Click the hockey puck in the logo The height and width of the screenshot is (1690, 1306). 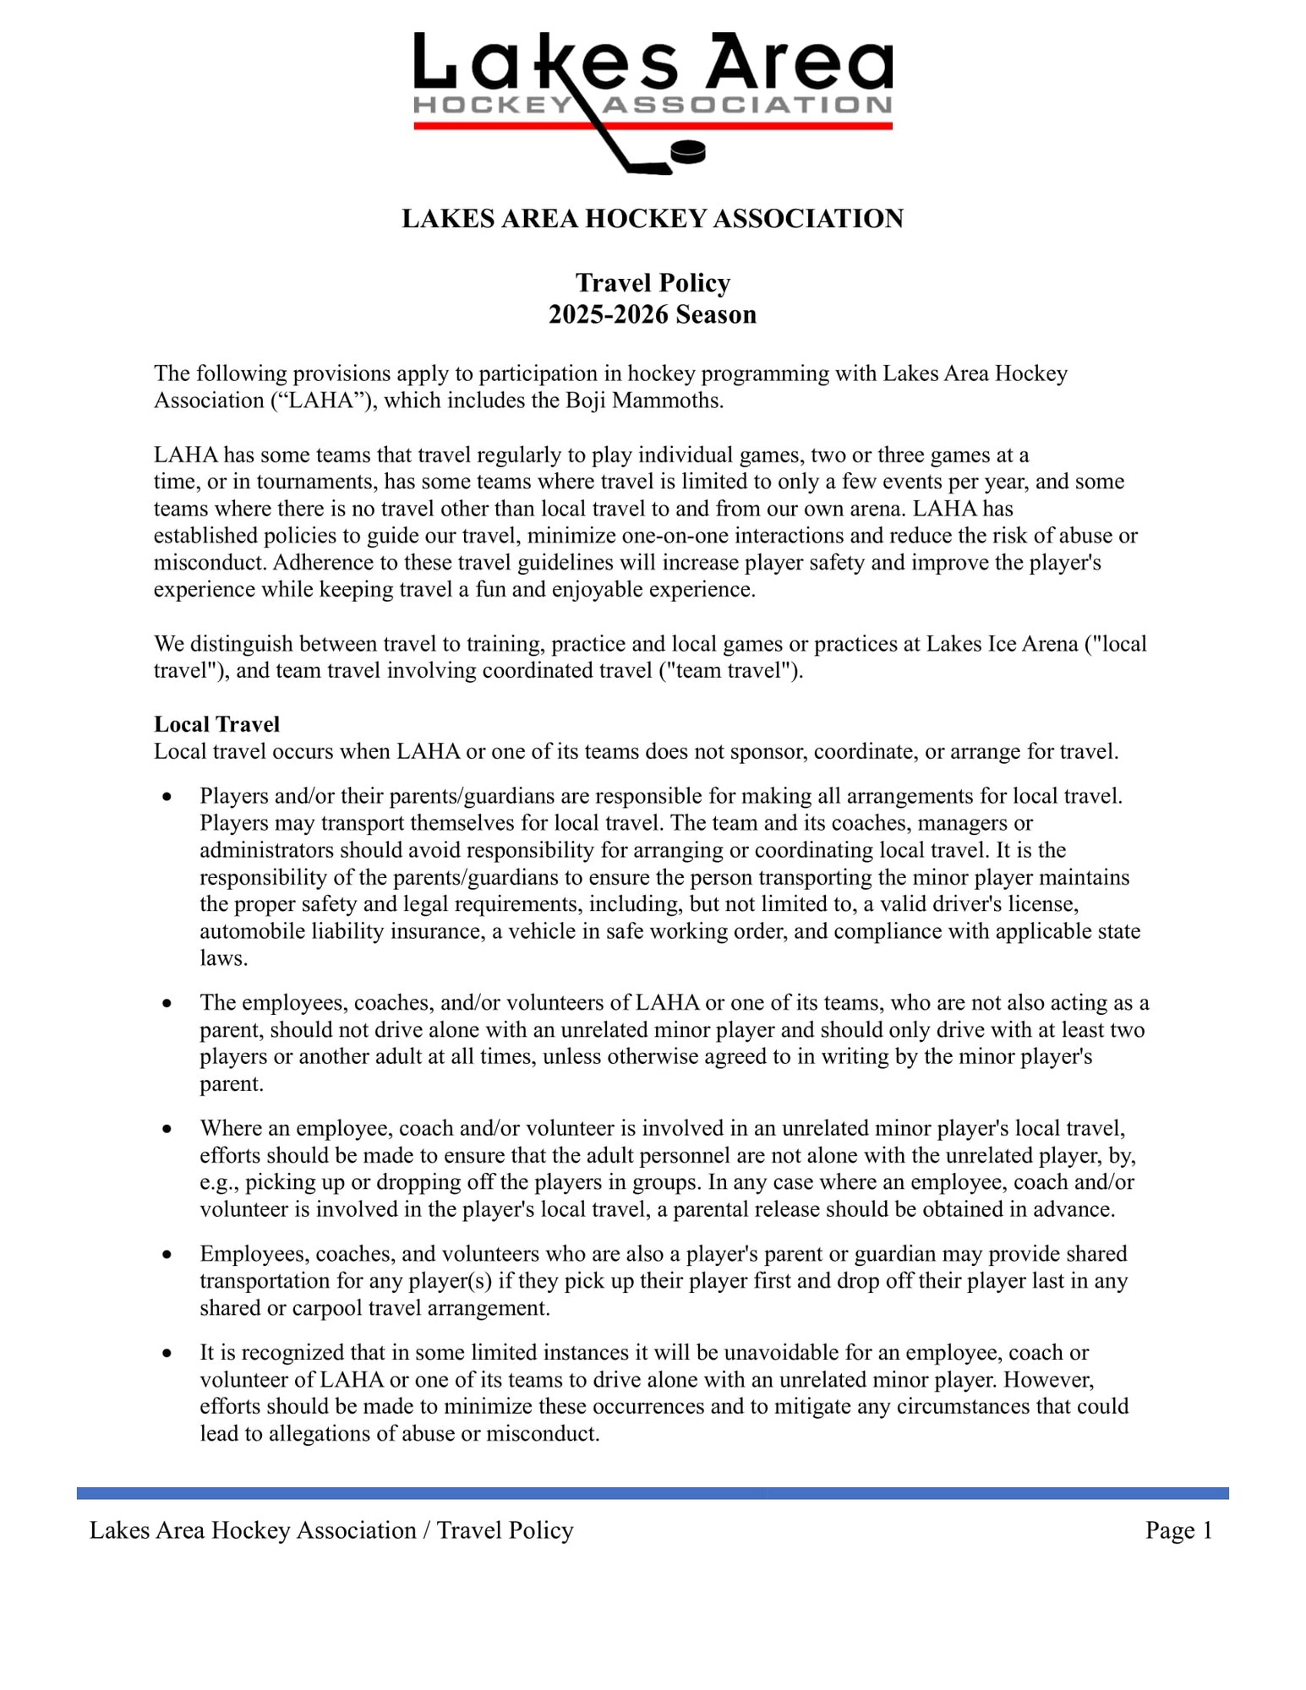[x=687, y=152]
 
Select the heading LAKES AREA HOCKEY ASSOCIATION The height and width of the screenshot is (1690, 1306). [x=652, y=219]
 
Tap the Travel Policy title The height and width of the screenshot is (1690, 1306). [x=653, y=282]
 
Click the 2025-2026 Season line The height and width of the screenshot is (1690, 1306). [x=652, y=314]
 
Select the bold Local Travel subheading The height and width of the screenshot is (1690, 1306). [x=216, y=724]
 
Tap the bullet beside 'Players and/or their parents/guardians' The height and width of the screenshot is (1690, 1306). [x=167, y=796]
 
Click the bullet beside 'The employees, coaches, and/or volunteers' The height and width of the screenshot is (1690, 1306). [x=167, y=1003]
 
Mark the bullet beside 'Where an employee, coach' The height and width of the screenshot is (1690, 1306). [x=167, y=1129]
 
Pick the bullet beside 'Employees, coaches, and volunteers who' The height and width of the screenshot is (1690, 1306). [x=167, y=1254]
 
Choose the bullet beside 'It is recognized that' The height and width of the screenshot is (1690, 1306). [x=167, y=1353]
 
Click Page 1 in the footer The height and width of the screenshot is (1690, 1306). [x=1178, y=1530]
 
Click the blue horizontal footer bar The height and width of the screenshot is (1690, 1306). [x=653, y=1493]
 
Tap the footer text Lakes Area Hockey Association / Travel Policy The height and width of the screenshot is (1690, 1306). [x=331, y=1530]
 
